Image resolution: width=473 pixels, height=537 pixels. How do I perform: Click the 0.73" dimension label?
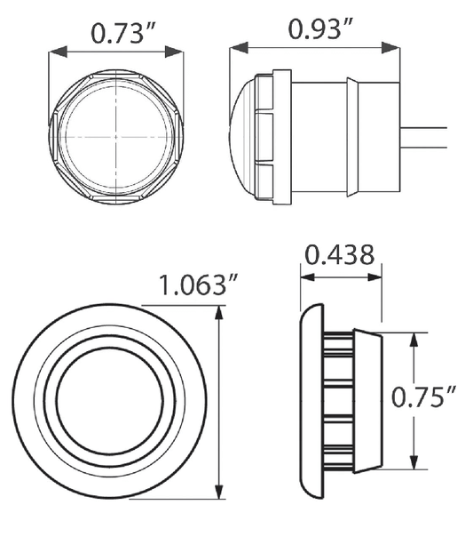(123, 33)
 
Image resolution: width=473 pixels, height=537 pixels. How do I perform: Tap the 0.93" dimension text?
(319, 28)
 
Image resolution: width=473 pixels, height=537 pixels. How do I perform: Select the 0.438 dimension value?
(339, 255)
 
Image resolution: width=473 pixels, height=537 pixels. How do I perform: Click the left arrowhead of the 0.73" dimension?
(58, 52)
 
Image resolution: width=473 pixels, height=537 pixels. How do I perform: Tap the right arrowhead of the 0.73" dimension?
(174, 52)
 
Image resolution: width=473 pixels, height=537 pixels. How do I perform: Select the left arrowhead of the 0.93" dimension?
(239, 48)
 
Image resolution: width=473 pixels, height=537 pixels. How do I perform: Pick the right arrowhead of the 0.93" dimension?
(390, 48)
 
